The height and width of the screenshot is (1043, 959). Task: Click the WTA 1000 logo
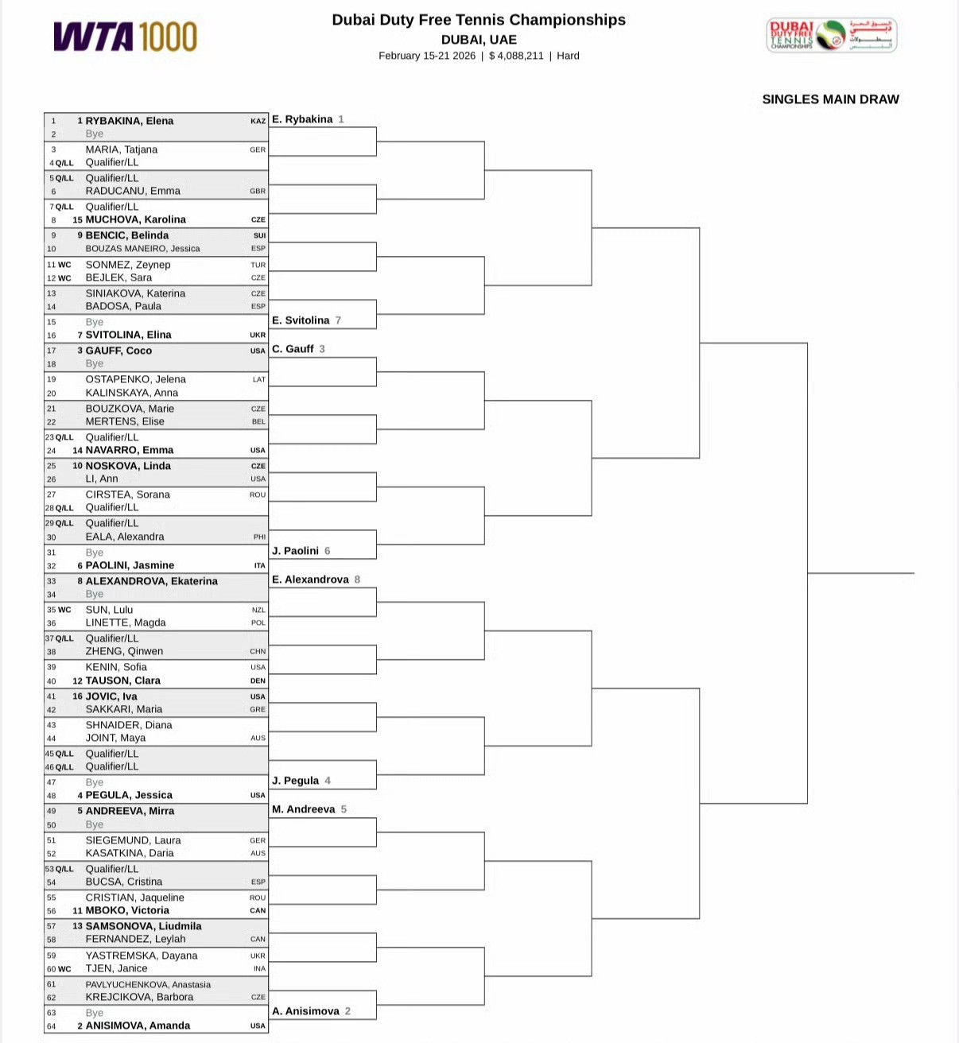[126, 37]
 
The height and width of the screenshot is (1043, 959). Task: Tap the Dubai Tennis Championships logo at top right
[831, 36]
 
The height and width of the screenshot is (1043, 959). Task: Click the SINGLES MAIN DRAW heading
[830, 99]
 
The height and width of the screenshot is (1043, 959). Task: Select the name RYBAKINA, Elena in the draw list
[130, 121]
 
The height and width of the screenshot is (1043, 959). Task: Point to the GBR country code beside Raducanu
[258, 192]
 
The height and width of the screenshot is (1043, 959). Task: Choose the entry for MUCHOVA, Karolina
[135, 219]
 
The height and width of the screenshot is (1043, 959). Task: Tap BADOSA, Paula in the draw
[123, 306]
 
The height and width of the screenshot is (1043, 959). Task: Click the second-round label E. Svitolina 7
[306, 320]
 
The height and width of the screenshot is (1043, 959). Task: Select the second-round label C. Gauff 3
[298, 349]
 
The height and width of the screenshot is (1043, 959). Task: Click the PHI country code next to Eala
[259, 537]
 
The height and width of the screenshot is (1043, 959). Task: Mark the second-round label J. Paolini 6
[301, 551]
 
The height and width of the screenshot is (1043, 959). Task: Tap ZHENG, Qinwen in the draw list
[124, 651]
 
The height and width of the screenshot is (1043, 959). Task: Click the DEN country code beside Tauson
[258, 681]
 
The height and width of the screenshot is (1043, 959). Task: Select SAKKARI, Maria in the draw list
[123, 709]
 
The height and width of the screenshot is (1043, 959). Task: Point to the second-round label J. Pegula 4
[301, 781]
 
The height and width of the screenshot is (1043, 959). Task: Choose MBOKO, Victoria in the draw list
[127, 910]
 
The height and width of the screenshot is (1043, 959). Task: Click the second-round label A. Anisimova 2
[311, 1011]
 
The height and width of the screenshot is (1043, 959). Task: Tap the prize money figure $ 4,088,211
[516, 56]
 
